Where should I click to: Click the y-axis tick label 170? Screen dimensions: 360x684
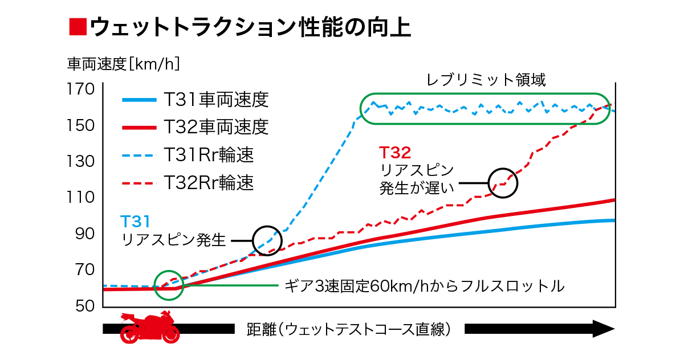click(80, 89)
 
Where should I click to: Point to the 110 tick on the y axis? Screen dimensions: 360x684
click(80, 198)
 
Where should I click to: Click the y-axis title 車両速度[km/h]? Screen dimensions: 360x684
click(124, 64)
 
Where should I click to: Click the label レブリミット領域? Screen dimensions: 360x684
click(486, 80)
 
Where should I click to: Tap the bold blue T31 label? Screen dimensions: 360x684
click(135, 220)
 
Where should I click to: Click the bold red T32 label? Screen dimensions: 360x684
click(395, 152)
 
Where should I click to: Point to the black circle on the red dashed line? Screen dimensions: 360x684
click(503, 183)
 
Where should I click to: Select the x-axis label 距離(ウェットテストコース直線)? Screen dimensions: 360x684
click(349, 329)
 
